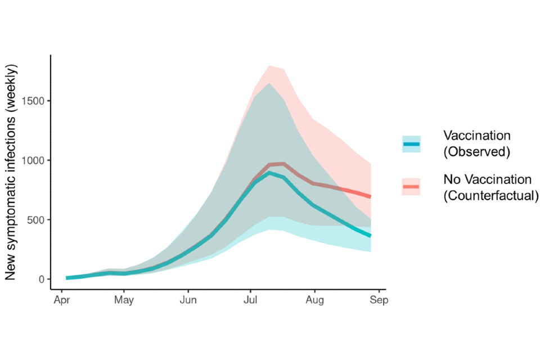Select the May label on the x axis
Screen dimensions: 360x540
[124, 300]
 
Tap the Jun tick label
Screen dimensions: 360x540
[188, 300]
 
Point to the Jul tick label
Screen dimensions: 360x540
[251, 300]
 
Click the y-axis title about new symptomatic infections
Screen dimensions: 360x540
[12, 172]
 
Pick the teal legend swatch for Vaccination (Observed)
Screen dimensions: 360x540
[411, 144]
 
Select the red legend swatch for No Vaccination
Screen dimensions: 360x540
[411, 187]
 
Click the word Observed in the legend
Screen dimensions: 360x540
[476, 152]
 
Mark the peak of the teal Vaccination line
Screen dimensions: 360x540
[269, 173]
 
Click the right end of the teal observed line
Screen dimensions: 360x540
[370, 236]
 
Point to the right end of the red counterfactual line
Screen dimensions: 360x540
[370, 197]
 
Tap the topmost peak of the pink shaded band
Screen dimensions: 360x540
[269, 66]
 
